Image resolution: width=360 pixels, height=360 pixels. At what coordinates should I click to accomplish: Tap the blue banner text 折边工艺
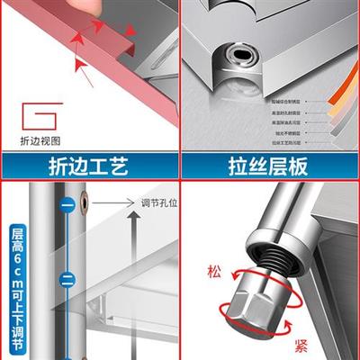pyautogui.click(x=90, y=166)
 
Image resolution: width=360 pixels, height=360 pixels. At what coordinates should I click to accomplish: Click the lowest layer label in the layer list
pyautogui.click(x=288, y=143)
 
